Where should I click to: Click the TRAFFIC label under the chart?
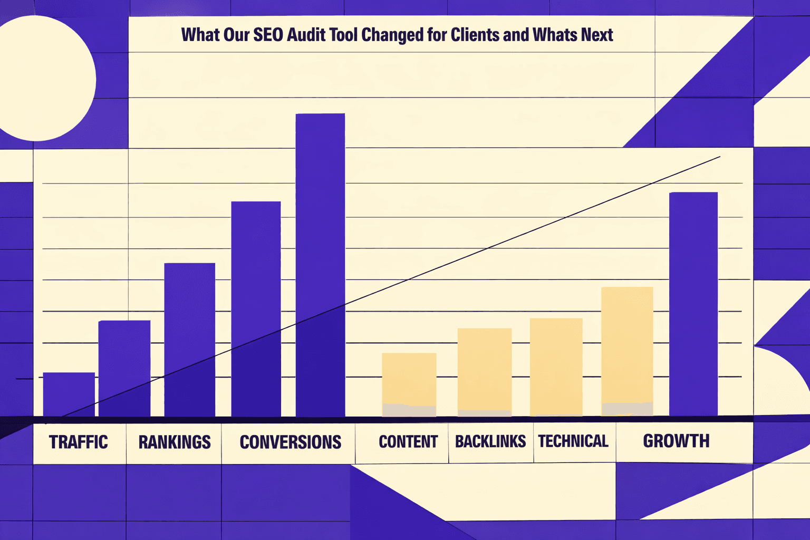click(78, 442)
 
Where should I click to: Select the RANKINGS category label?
click(175, 442)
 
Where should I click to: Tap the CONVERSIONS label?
click(290, 442)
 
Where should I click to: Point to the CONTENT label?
click(408, 441)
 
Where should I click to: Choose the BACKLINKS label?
click(490, 441)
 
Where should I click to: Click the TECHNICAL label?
click(573, 441)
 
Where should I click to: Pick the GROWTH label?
click(676, 441)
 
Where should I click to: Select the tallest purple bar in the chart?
click(320, 264)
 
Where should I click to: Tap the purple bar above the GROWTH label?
click(693, 304)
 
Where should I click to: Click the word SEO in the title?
click(269, 35)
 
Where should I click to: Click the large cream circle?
click(40, 79)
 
